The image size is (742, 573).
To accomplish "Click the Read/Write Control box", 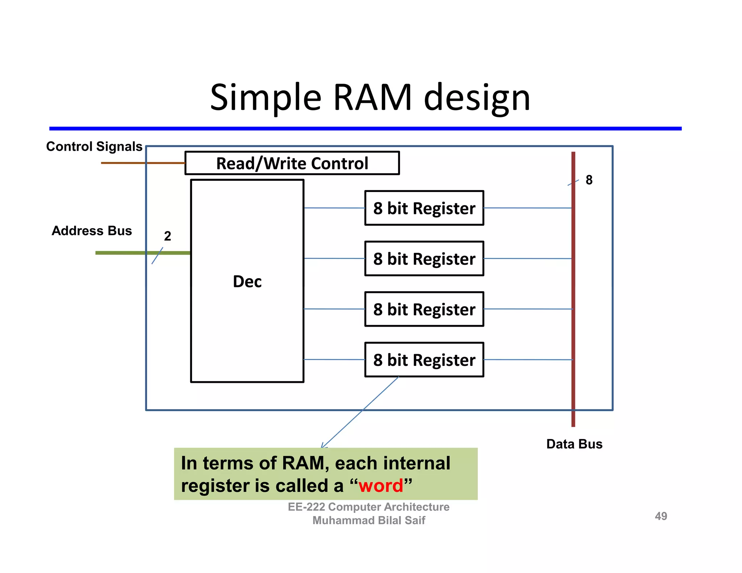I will click(292, 163).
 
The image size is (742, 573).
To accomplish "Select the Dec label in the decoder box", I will click(247, 281).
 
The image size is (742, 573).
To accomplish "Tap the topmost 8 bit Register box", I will click(424, 208).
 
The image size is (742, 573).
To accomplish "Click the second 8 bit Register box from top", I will click(424, 259).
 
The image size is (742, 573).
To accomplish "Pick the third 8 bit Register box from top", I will click(424, 309).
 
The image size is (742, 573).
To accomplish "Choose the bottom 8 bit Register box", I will click(424, 360).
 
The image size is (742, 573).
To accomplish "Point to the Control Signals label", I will click(94, 147).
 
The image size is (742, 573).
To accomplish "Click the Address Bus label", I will click(92, 231).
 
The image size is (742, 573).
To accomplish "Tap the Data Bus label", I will click(574, 444).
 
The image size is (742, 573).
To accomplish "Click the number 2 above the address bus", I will click(167, 236).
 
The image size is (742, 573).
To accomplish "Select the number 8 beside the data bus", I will click(589, 180).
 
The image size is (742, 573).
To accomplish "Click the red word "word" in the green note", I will click(381, 486).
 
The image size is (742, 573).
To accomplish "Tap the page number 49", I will click(661, 516).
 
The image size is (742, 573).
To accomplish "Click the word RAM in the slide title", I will click(372, 97).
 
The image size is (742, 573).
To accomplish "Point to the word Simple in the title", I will click(266, 97).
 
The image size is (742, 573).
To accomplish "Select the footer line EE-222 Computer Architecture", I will click(368, 507).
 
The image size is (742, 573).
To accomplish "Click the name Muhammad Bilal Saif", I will click(368, 520).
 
